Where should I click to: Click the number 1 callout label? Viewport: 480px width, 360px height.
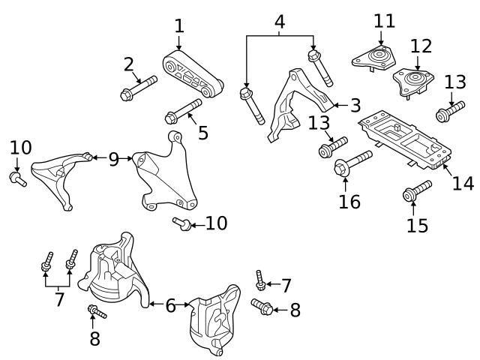(178, 25)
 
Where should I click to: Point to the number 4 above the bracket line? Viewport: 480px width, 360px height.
(280, 22)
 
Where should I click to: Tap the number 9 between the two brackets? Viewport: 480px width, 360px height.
(113, 159)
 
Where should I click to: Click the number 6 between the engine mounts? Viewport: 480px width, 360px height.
(171, 305)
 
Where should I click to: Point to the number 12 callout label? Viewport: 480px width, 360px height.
(421, 46)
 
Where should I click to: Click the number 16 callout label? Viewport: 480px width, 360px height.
(349, 201)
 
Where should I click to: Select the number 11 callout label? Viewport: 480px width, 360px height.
(384, 20)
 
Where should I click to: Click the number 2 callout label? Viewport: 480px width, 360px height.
(129, 64)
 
